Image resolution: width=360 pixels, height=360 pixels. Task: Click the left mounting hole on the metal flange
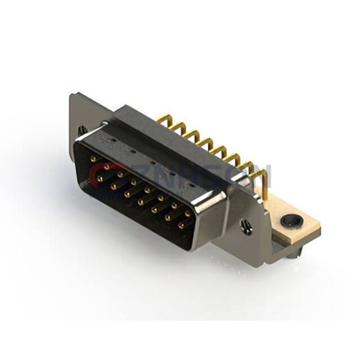(x=82, y=130)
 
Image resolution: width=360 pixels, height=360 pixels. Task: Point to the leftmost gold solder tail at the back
(x=161, y=121)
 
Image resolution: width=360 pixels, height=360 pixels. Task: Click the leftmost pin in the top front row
(x=93, y=159)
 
